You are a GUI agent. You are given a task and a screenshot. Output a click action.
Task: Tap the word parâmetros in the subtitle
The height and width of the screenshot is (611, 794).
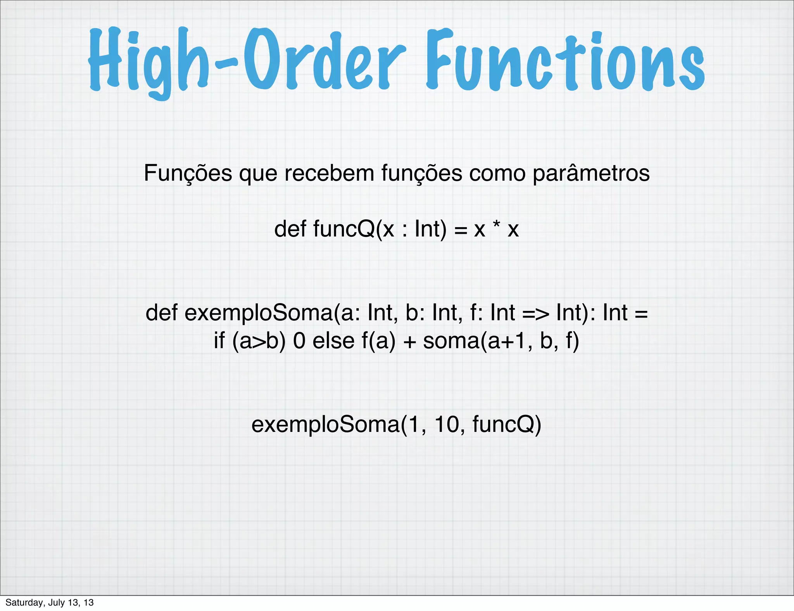tap(591, 173)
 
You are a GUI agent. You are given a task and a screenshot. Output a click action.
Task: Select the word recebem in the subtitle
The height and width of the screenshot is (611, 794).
tap(329, 173)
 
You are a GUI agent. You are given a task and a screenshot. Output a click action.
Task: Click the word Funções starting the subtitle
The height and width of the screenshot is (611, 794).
tap(188, 173)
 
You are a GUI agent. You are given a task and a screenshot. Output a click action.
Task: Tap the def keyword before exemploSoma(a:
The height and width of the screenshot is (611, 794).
tap(161, 312)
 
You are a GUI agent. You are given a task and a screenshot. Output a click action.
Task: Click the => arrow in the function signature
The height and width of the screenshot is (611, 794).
tap(536, 313)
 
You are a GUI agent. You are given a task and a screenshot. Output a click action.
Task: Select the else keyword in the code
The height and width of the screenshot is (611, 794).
tap(333, 341)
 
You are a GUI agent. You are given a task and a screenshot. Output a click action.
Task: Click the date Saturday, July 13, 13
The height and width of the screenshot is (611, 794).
tap(49, 602)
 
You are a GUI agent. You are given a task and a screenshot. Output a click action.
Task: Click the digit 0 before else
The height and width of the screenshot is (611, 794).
tap(299, 341)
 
